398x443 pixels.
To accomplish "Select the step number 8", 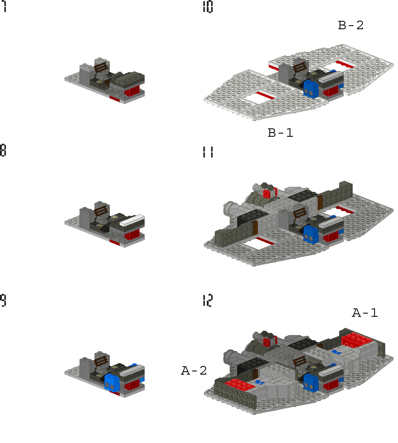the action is point(3,150).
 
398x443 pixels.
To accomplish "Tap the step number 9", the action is point(3,300).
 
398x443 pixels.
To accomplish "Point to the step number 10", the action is point(207,7).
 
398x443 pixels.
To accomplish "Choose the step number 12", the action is point(207,300).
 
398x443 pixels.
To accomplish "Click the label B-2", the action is point(350,25).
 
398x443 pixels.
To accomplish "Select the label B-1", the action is point(280,133).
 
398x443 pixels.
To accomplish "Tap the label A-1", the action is point(365,313).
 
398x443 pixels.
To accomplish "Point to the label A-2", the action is point(194,371).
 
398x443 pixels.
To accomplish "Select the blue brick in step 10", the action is point(311,89).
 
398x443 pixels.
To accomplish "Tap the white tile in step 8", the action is point(132,220).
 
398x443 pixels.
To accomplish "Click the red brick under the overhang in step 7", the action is point(132,91).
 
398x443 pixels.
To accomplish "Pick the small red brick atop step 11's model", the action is point(267,194).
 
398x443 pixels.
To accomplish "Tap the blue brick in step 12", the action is point(311,382).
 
